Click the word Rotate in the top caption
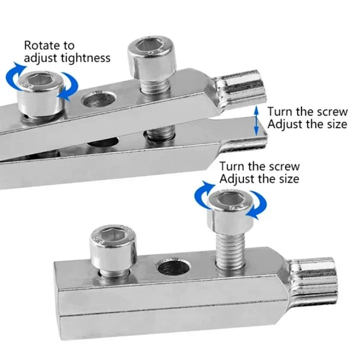click(x=41, y=45)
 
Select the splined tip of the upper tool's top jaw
click(x=241, y=88)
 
